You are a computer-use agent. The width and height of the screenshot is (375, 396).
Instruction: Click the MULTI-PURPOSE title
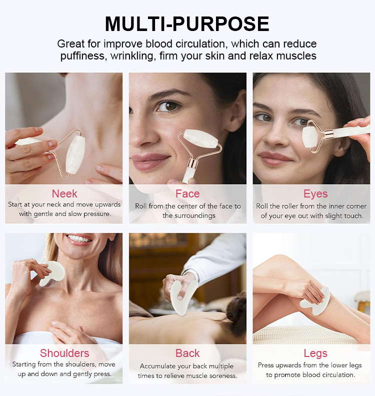coord(187,23)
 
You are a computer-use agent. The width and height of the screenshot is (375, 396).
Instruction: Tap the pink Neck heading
coord(64,193)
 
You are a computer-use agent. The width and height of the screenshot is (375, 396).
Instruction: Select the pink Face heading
coord(187,193)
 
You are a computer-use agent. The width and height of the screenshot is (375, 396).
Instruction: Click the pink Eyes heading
coord(315,193)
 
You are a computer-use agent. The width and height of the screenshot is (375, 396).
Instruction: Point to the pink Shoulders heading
coord(64,353)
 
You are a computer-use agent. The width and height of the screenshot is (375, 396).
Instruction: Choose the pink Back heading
coord(187,353)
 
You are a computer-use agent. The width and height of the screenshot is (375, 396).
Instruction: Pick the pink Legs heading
coord(315,353)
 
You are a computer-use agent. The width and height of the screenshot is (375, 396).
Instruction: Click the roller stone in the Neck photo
coord(75,155)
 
